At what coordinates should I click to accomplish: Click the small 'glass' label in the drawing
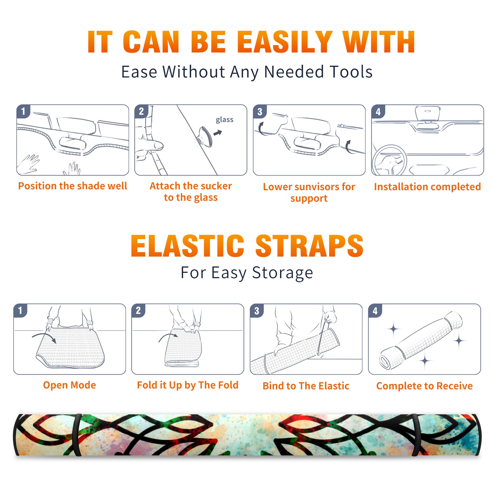224,119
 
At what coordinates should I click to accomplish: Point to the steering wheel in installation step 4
390,160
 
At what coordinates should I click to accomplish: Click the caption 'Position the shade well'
73,186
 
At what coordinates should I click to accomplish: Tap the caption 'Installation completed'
427,187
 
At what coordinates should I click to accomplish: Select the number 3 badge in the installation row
260,112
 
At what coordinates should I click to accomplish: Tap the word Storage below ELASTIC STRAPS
283,273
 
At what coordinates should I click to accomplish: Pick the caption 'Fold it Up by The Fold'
188,385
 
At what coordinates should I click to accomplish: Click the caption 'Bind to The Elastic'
306,386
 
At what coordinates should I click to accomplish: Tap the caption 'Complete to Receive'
425,386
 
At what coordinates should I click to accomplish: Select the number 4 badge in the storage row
375,311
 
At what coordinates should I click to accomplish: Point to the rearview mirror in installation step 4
428,117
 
